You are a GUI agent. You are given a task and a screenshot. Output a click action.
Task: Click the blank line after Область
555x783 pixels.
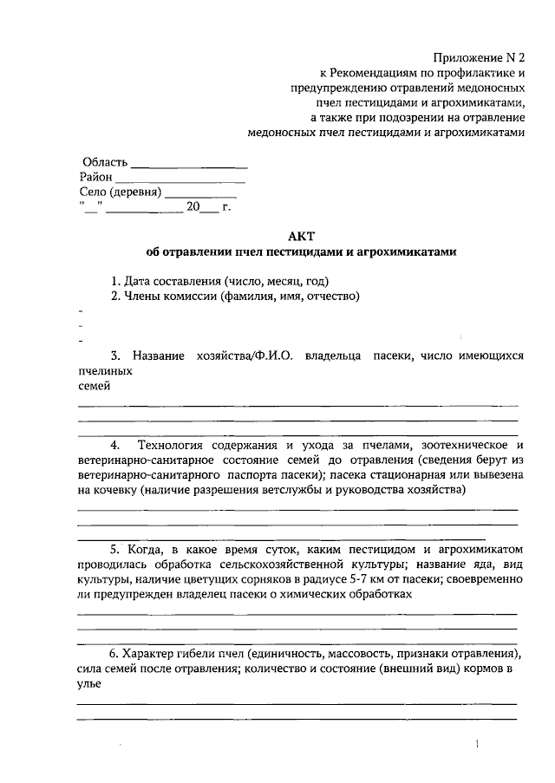(189, 164)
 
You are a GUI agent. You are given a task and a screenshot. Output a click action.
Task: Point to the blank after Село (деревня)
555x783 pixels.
(200, 192)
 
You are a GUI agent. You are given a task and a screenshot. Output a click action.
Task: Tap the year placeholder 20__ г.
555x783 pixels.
(208, 206)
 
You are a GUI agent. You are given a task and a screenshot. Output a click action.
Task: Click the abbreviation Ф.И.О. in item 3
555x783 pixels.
(271, 356)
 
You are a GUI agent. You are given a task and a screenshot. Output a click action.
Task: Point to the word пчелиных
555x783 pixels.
(105, 371)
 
